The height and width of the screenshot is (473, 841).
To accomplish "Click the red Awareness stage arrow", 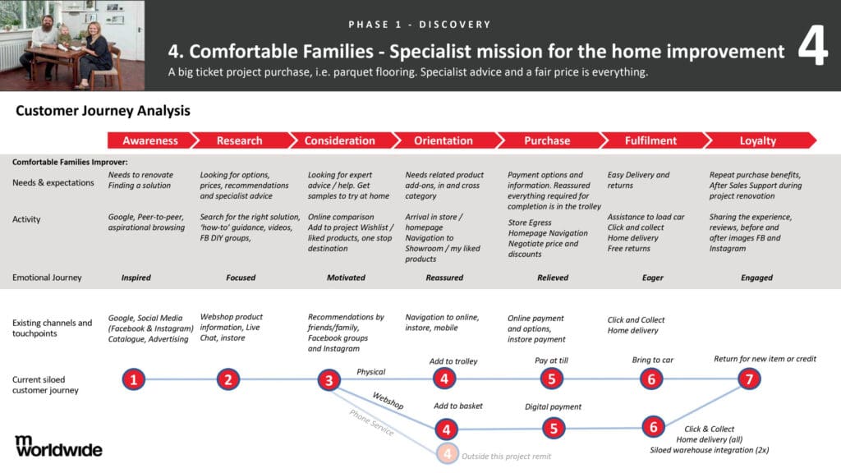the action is [x=150, y=140].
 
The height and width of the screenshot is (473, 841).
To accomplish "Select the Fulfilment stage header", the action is [x=650, y=140].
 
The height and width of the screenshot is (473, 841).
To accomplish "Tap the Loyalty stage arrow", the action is [x=758, y=140].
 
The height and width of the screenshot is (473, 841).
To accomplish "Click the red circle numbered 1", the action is [x=134, y=379].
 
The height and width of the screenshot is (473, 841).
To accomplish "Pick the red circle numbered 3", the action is [x=329, y=380].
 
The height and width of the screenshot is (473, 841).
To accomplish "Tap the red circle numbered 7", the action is [x=749, y=379].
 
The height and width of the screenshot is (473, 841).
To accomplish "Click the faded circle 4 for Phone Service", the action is [x=448, y=453].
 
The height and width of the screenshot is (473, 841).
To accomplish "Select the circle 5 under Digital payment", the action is [x=554, y=429].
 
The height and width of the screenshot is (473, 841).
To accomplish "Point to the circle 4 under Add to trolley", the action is [x=444, y=379].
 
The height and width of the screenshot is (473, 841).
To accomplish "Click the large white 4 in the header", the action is [x=812, y=45].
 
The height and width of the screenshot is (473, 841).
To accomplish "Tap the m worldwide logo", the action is [x=58, y=446].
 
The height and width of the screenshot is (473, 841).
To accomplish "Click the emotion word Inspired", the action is [x=136, y=278].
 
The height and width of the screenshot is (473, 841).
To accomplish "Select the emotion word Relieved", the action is [x=553, y=278].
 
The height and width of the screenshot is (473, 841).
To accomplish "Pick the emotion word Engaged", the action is [x=756, y=278].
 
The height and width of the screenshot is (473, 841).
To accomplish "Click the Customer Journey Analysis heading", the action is [x=103, y=111].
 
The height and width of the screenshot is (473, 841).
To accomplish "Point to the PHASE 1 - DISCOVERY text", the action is [x=420, y=25].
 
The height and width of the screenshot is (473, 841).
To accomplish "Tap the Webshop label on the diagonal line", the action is [x=388, y=401].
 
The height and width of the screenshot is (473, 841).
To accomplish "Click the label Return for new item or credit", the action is [x=765, y=359].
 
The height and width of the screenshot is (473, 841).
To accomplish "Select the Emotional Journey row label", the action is [x=47, y=278].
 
